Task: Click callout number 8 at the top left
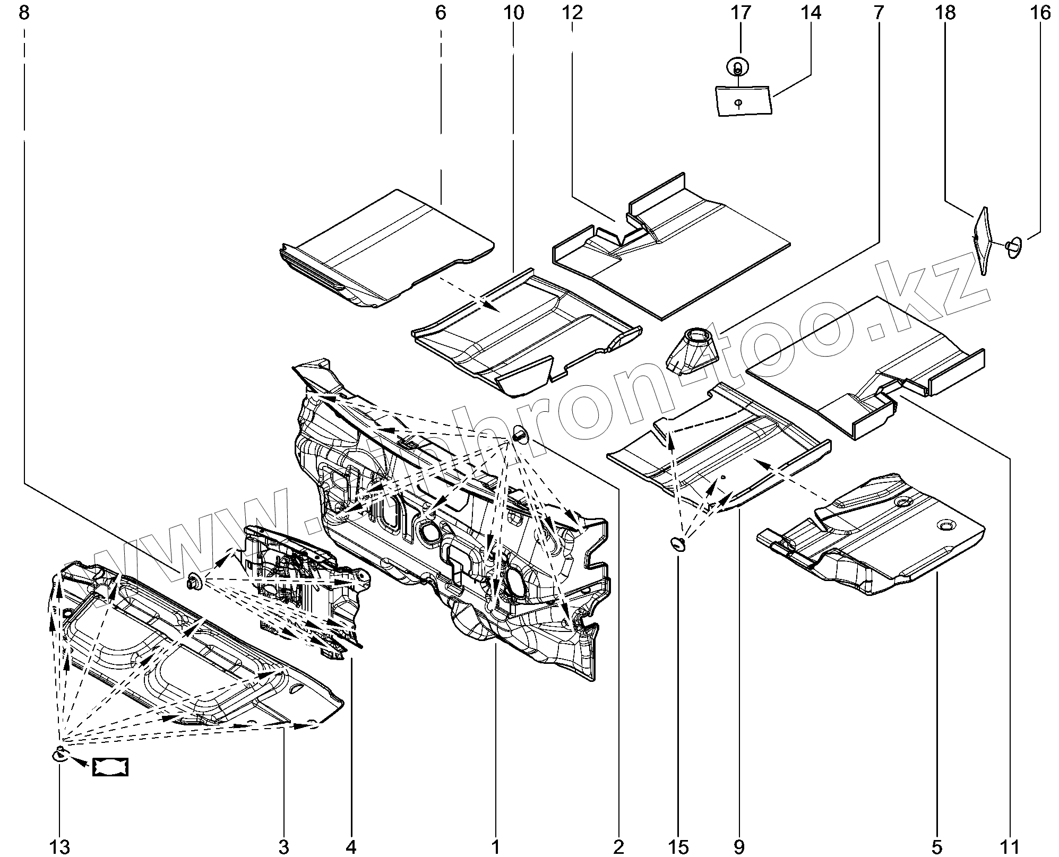(x=24, y=13)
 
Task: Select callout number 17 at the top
(x=741, y=13)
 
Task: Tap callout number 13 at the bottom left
(x=59, y=847)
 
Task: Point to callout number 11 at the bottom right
(x=1010, y=847)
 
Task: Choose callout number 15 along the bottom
(x=679, y=847)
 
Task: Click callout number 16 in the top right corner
(x=1040, y=13)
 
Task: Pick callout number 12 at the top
(x=572, y=13)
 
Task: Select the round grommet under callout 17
(x=737, y=67)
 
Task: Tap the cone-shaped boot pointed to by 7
(x=691, y=350)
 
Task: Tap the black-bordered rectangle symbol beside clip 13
(x=110, y=767)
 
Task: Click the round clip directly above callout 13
(x=59, y=754)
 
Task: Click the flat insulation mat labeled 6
(x=388, y=249)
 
